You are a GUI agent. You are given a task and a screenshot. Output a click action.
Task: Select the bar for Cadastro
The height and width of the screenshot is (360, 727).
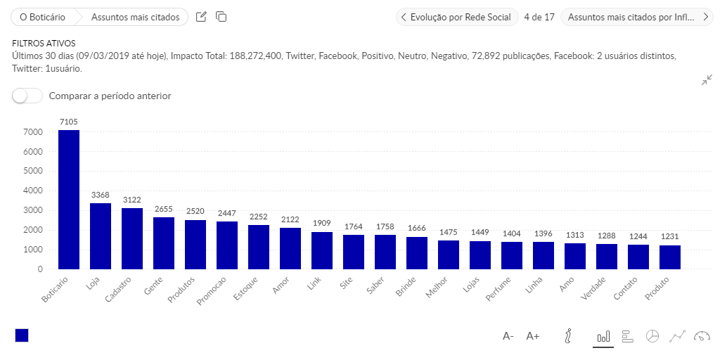(132, 238)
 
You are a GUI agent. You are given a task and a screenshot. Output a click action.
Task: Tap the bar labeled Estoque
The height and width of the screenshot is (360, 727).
(259, 247)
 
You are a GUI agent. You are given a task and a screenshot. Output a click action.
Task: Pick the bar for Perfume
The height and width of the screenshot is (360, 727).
(512, 255)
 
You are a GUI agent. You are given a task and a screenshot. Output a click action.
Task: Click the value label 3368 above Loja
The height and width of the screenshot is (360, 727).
(101, 194)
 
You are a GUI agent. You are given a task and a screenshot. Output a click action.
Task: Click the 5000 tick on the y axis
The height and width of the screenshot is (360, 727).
(33, 171)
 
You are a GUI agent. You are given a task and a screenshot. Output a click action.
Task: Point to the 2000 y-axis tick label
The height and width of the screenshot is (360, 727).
(33, 230)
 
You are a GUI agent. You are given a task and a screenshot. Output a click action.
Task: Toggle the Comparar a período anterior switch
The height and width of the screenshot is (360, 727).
(27, 96)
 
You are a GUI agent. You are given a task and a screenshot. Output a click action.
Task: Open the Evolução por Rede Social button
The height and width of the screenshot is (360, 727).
(457, 17)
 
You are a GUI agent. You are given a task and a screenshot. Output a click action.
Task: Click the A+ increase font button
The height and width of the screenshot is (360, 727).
(532, 336)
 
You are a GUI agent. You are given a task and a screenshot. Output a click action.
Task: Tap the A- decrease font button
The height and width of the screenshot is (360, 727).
(508, 336)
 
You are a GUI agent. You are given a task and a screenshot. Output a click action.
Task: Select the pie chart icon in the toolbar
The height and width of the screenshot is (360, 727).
(652, 336)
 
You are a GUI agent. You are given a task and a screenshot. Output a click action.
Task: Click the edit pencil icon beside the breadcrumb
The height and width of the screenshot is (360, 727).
(201, 17)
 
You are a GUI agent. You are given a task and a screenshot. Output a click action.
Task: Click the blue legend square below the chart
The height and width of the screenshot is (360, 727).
(22, 335)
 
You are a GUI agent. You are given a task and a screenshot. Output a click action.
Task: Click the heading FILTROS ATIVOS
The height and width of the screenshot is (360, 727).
(44, 44)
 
